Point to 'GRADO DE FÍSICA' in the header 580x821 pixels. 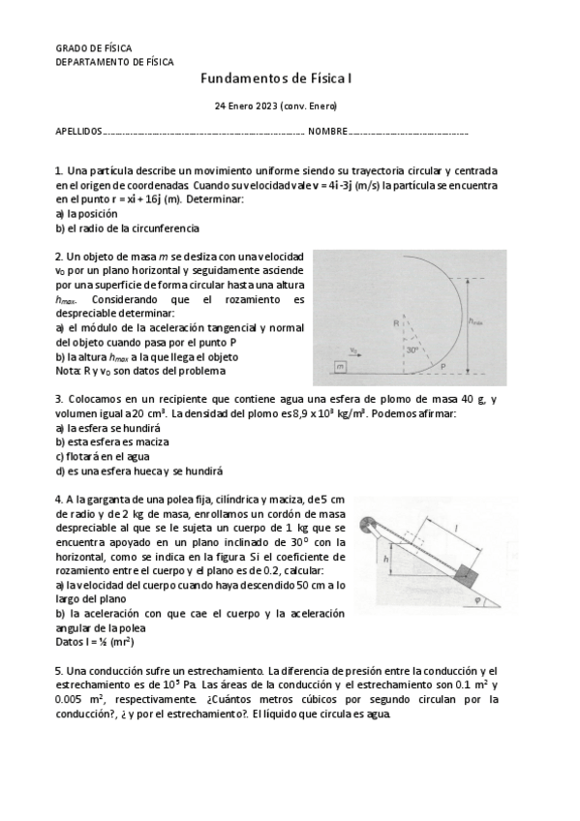point(94,47)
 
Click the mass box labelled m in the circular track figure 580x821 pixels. point(339,367)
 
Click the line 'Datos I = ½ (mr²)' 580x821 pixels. point(95,641)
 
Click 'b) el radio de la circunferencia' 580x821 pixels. point(127,228)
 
